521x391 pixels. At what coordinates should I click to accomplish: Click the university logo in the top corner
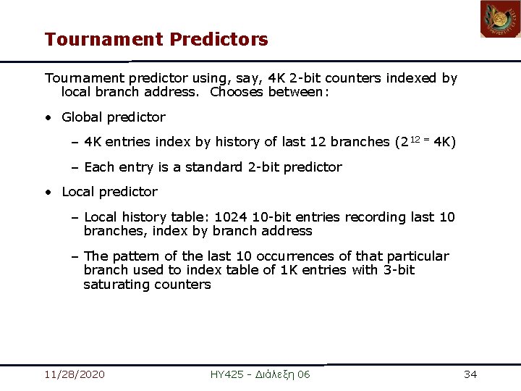point(500,20)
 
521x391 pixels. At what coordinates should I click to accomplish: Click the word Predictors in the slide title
point(219,39)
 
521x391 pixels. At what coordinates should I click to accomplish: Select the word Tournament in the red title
point(104,39)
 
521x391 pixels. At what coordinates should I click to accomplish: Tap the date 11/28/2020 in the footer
point(74,374)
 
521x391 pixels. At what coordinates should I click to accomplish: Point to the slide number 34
point(470,374)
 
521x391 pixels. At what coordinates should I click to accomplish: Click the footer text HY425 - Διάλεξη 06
point(260,374)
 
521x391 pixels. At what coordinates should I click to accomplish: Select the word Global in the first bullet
point(82,117)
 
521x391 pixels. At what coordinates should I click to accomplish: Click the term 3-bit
point(399,270)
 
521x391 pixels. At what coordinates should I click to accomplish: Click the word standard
point(215,167)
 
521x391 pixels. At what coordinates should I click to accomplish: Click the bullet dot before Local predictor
point(47,192)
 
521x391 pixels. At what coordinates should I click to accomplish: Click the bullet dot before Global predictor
point(47,117)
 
